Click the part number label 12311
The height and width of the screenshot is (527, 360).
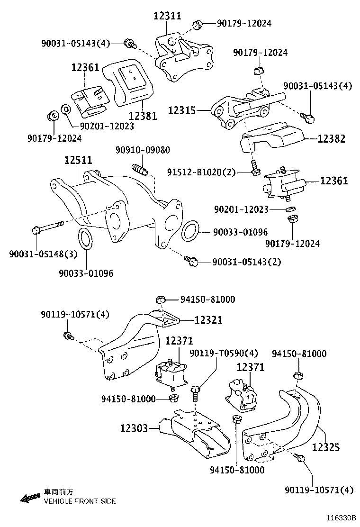click(167, 16)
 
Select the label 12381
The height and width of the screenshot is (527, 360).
click(142, 115)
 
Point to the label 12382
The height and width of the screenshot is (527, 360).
click(331, 139)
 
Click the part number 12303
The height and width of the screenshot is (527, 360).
click(134, 428)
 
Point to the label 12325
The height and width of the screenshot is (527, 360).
click(325, 446)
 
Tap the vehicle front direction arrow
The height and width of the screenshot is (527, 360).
click(30, 497)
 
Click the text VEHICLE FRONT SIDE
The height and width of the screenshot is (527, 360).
click(79, 501)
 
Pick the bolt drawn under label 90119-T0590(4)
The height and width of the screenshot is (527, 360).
click(196, 393)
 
